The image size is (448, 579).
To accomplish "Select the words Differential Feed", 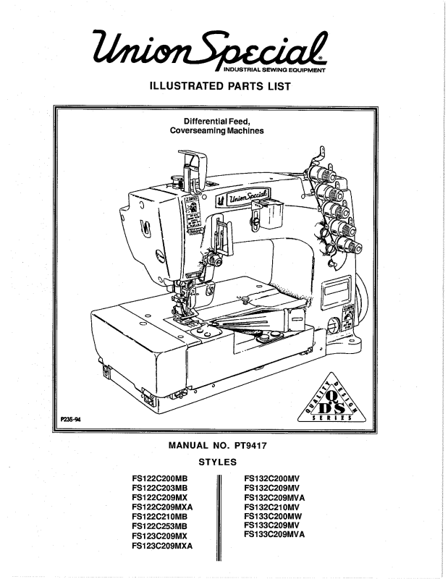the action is point(216,121).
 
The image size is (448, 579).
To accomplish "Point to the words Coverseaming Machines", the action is point(216,132).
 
